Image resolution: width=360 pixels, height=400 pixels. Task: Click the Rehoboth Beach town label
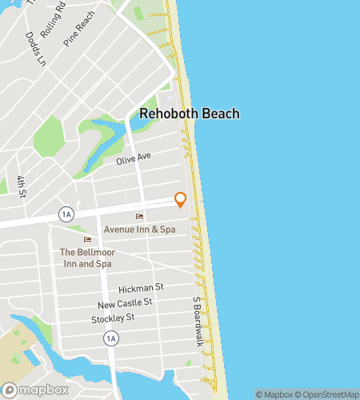click(189, 114)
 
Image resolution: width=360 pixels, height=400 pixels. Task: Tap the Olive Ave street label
click(134, 158)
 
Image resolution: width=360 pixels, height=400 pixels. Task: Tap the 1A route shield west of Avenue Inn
click(67, 214)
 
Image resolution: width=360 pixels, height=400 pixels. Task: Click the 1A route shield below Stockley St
click(110, 338)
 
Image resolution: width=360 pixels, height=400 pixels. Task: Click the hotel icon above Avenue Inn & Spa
click(140, 217)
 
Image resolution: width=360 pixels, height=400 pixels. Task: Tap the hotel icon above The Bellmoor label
click(88, 240)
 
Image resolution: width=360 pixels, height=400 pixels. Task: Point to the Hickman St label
click(141, 288)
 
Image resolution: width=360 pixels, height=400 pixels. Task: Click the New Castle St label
click(125, 303)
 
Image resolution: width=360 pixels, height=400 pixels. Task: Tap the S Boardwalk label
click(197, 322)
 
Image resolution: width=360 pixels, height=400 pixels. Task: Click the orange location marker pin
click(181, 199)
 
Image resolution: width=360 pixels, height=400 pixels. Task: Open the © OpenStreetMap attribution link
click(328, 394)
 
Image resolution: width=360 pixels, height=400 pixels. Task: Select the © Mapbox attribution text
click(274, 394)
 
